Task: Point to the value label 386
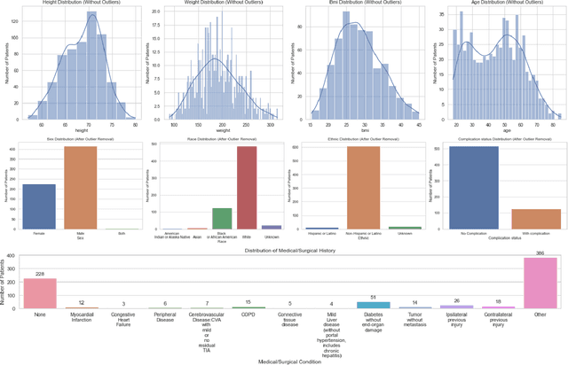coord(540,253)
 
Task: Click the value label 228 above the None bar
coord(39,275)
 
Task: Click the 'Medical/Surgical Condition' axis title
coord(289,360)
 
